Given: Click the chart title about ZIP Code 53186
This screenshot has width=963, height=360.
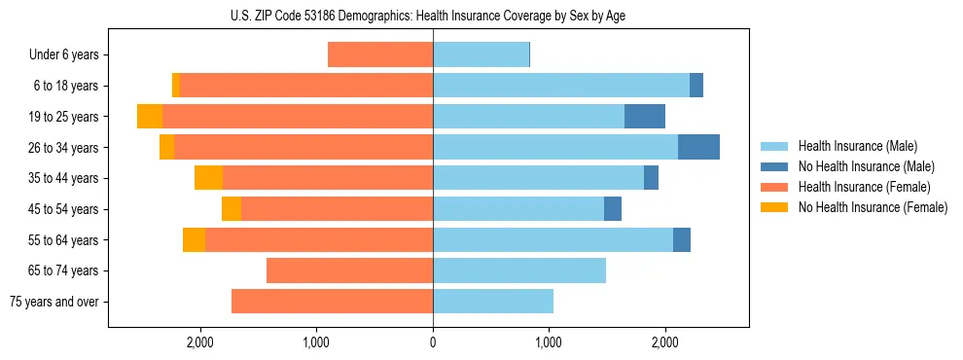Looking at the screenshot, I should click(x=433, y=15).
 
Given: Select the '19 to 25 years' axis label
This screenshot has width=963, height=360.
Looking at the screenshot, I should click(x=65, y=117).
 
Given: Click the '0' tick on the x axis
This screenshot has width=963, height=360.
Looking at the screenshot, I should click(x=433, y=342).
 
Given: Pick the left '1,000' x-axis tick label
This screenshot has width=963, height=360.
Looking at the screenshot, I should click(x=316, y=342).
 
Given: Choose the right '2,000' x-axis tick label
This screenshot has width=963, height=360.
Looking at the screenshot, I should click(x=665, y=342).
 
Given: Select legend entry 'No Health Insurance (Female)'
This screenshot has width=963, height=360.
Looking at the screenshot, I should click(x=873, y=207).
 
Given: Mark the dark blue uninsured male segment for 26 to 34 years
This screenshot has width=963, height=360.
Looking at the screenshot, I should click(x=698, y=147).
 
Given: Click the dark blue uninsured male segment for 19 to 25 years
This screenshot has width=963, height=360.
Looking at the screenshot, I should click(x=645, y=117).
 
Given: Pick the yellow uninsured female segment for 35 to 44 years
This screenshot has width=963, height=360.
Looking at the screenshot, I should click(x=208, y=178).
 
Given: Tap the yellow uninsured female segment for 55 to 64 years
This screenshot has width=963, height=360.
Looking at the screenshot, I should click(x=194, y=239).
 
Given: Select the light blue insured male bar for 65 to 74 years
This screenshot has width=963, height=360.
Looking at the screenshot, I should click(x=519, y=270).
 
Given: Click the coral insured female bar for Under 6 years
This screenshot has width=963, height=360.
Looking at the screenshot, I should click(x=380, y=54).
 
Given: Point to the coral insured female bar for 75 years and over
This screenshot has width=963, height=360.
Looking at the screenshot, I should click(x=332, y=302).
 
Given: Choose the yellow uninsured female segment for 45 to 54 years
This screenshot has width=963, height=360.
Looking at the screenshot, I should click(x=232, y=209).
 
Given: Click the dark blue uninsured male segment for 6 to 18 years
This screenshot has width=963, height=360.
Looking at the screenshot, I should click(x=696, y=86).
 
